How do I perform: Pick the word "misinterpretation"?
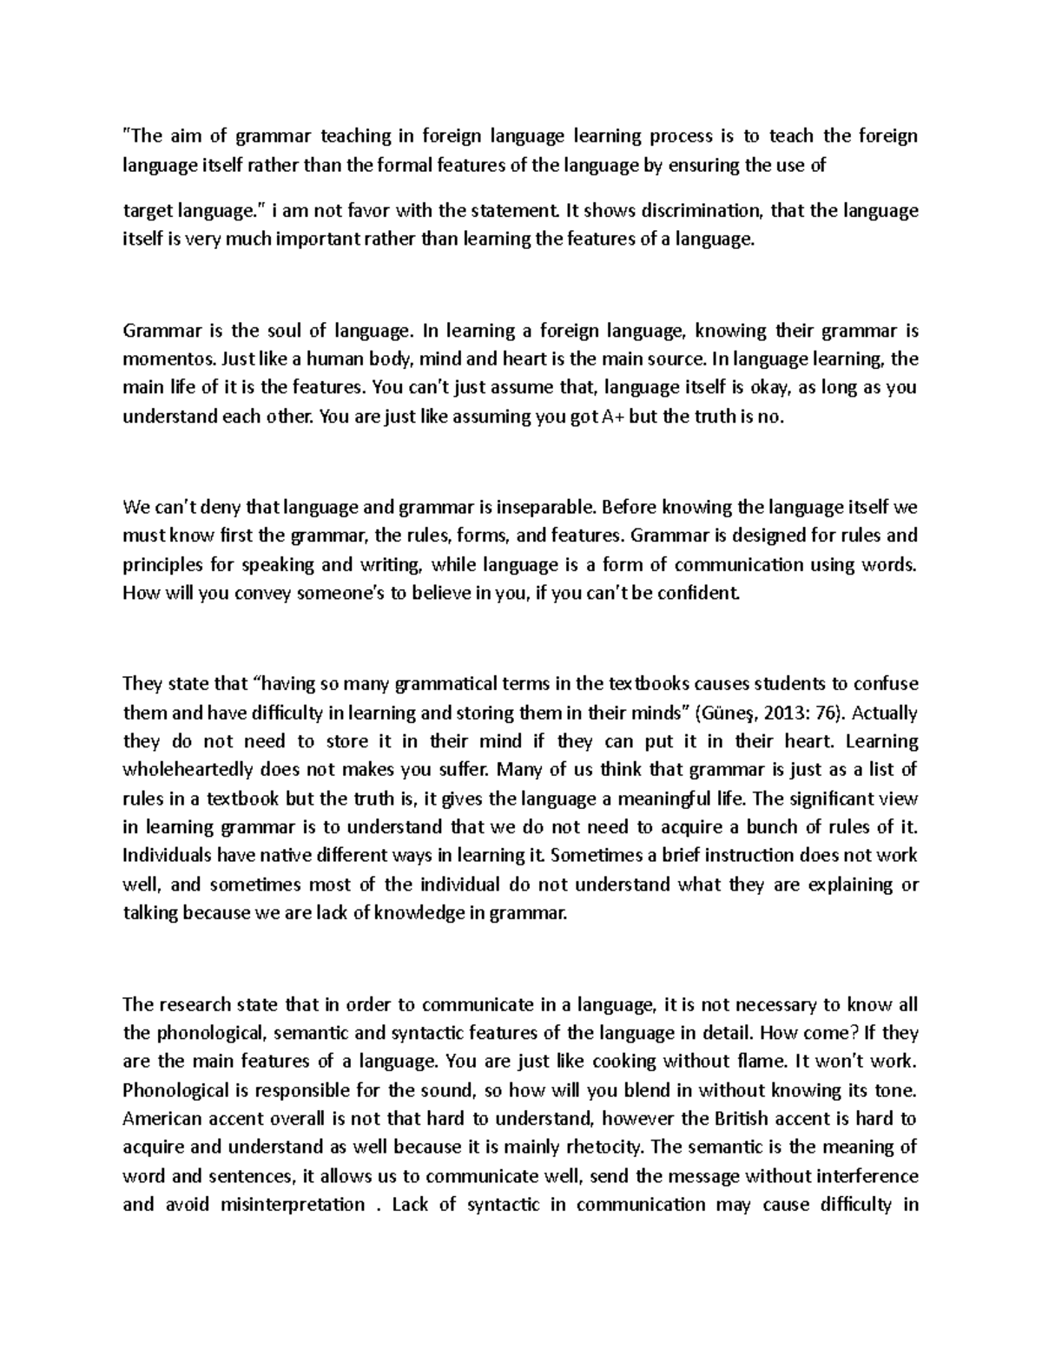[293, 1205]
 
